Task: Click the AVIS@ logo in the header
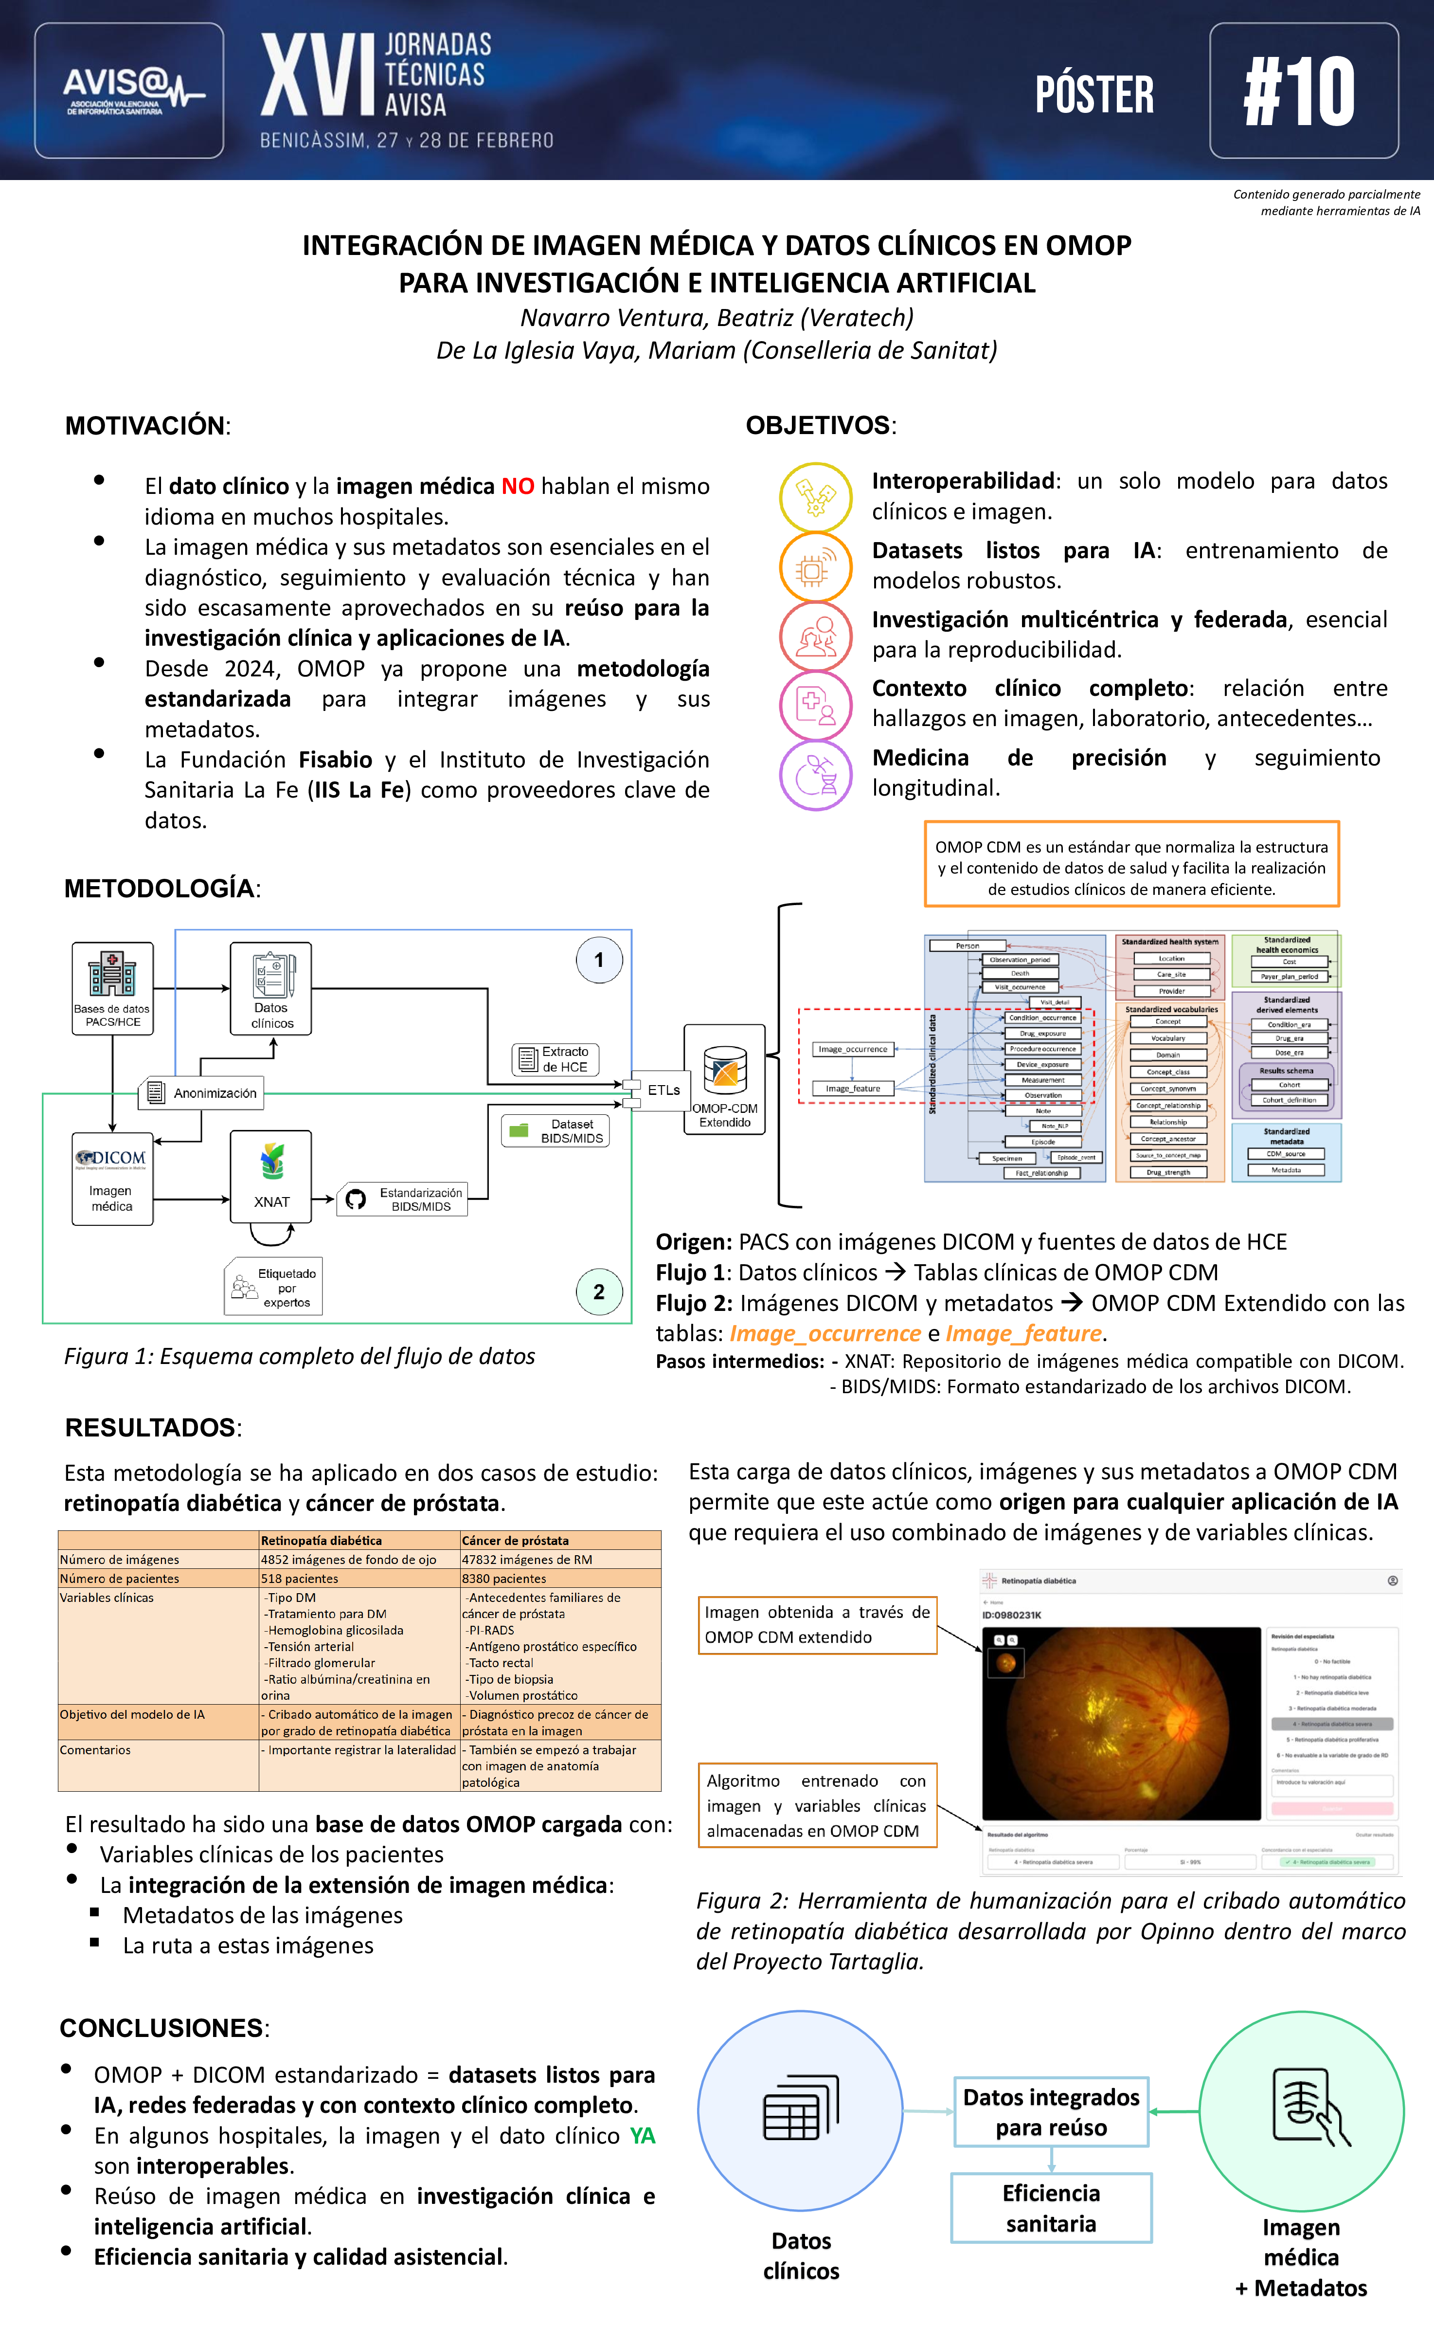[129, 91]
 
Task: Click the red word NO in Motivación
[518, 486]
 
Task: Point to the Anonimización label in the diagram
[202, 1092]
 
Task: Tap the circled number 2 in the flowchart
[598, 1291]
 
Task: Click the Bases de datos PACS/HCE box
[112, 988]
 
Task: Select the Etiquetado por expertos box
[274, 1287]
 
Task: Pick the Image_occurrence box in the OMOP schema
[853, 1049]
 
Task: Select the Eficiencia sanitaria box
[1051, 2208]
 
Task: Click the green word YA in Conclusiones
[642, 2136]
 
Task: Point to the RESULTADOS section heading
[150, 1428]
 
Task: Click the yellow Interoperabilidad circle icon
[815, 497]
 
